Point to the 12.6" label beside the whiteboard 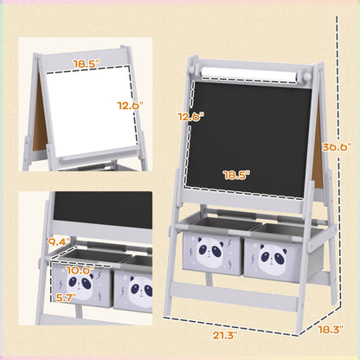pyautogui.click(x=131, y=104)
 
